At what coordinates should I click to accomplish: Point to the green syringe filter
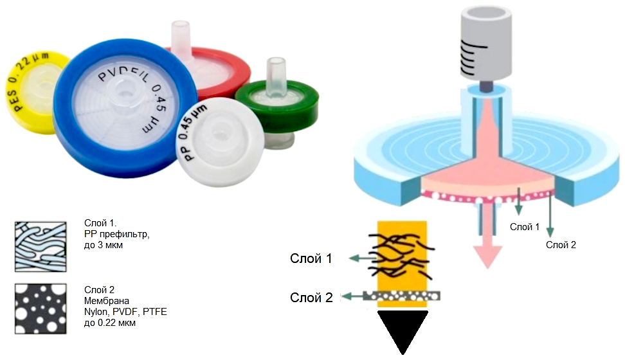click(x=277, y=107)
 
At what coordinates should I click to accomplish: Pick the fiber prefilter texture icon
click(x=41, y=247)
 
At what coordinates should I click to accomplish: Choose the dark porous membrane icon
click(x=41, y=309)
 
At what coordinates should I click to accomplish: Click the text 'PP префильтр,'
click(x=117, y=235)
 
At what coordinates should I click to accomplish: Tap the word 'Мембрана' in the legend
click(x=107, y=301)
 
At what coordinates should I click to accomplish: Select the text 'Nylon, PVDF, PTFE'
click(x=125, y=312)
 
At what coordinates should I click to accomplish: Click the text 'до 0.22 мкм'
click(x=109, y=323)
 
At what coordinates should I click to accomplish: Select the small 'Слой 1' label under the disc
click(x=525, y=227)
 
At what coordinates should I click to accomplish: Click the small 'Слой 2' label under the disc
click(x=561, y=245)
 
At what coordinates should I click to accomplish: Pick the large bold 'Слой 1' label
click(x=311, y=258)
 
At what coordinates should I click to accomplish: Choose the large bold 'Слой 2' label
click(x=311, y=298)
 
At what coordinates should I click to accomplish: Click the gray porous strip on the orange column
click(x=402, y=296)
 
